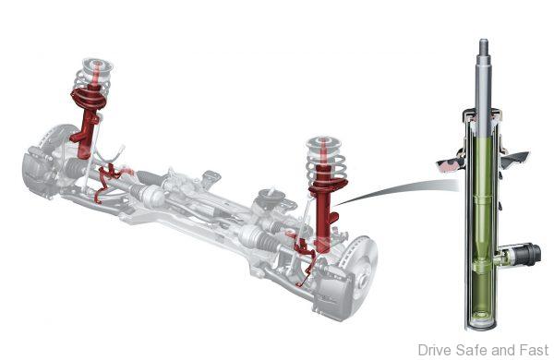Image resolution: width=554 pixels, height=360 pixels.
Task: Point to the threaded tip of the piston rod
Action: point(483,46)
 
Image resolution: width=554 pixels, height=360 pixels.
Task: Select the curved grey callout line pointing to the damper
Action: point(396,190)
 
